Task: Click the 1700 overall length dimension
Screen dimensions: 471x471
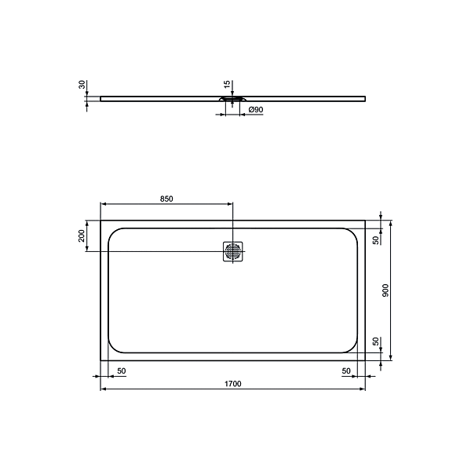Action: [232, 383]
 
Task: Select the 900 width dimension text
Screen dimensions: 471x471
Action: [385, 290]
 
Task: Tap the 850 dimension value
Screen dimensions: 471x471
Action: [166, 199]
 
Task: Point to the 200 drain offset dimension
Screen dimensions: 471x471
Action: [81, 236]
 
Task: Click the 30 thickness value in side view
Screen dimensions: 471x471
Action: [82, 86]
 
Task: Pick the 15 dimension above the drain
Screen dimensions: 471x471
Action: [226, 84]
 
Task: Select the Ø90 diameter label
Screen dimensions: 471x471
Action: [255, 110]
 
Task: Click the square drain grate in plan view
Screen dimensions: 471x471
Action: [233, 251]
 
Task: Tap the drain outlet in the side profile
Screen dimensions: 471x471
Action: [232, 100]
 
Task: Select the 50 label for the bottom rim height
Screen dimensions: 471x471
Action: [375, 341]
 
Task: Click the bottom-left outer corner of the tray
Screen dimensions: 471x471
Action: [101, 360]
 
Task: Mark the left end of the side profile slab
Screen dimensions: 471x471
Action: [101, 99]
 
